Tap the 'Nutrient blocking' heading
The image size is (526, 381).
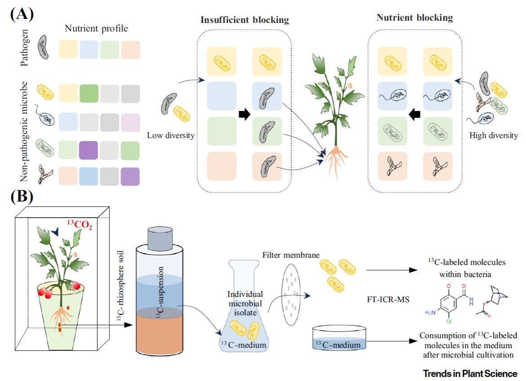(415, 18)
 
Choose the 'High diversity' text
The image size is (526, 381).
(493, 135)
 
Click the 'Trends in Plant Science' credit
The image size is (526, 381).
(470, 373)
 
